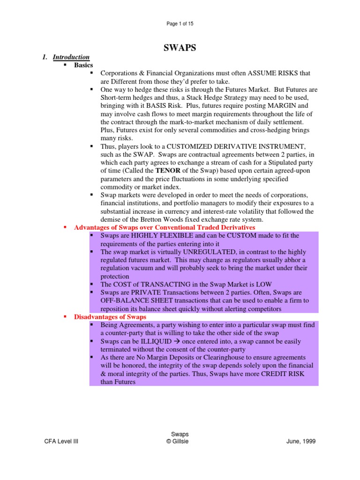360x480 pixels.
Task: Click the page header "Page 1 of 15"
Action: click(x=180, y=24)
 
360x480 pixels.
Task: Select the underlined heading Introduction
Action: click(x=71, y=57)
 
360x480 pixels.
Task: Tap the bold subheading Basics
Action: click(x=83, y=65)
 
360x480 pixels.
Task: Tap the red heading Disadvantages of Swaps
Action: click(x=110, y=317)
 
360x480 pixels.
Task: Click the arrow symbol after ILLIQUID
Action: click(x=179, y=341)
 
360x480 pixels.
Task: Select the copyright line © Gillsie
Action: click(x=180, y=442)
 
